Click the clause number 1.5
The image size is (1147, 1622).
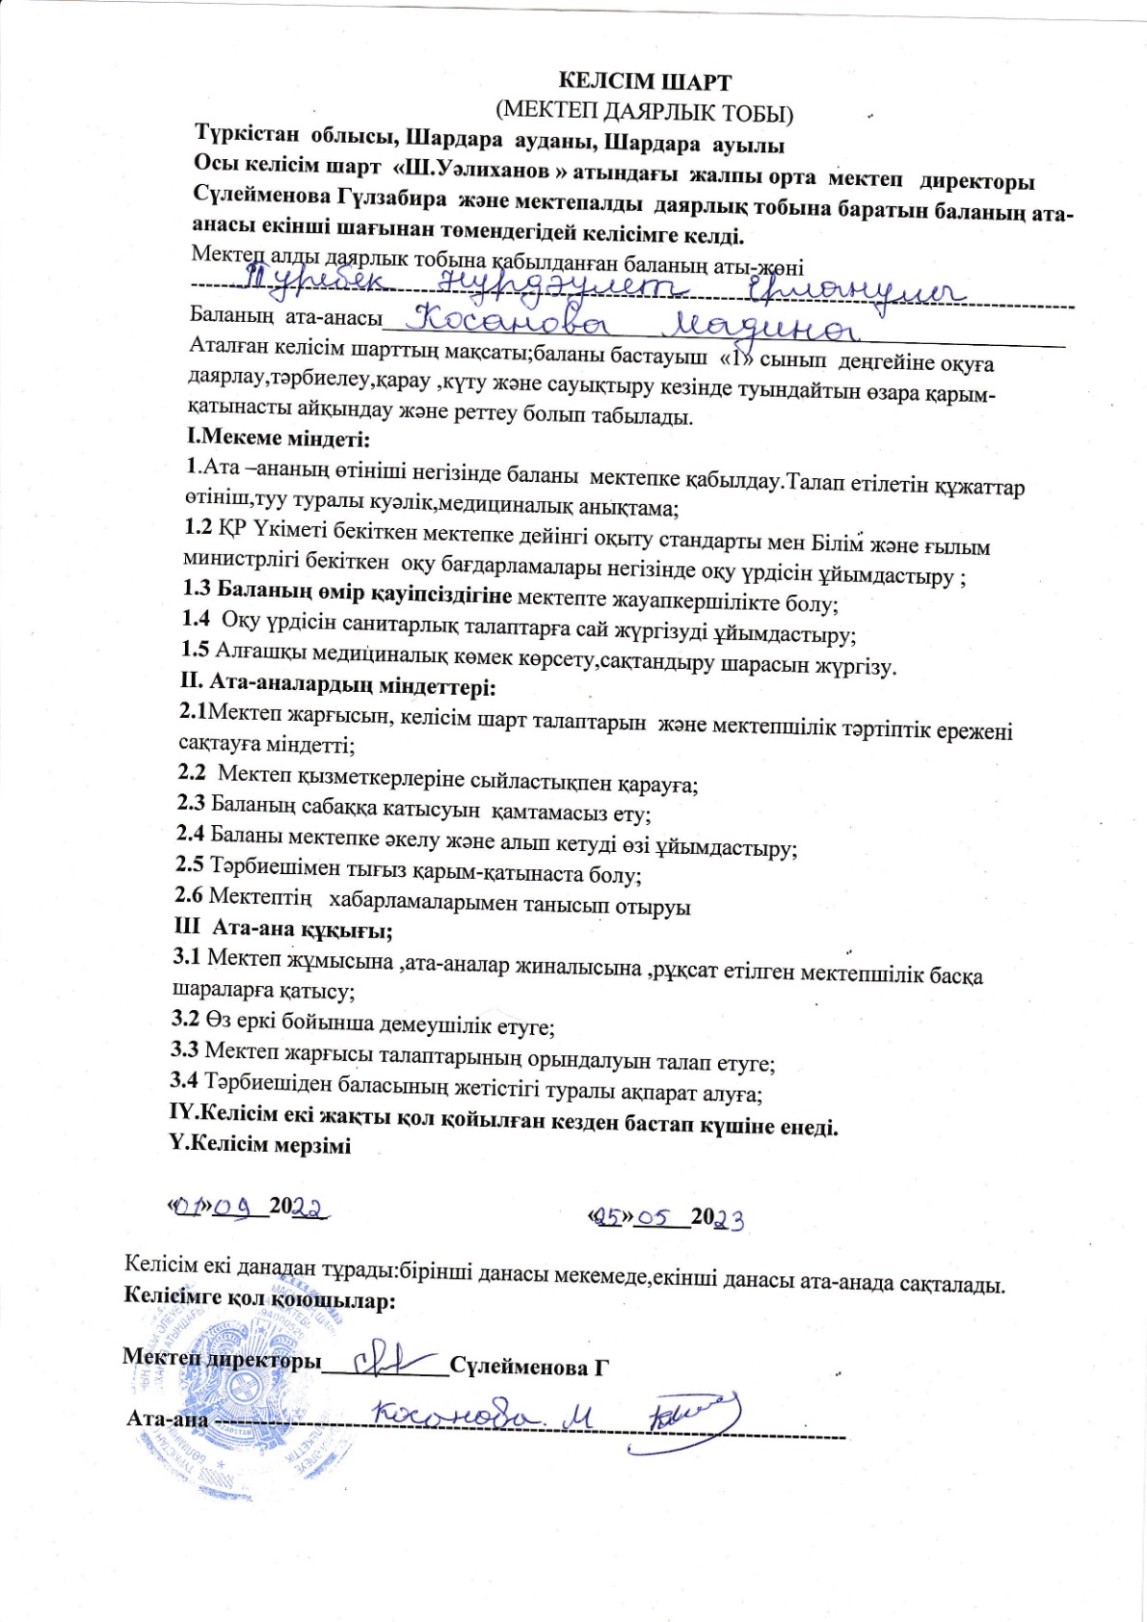[196, 650]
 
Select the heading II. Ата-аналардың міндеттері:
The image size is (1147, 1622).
[338, 687]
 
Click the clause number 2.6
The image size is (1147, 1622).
[189, 895]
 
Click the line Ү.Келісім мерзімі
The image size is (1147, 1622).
[259, 1145]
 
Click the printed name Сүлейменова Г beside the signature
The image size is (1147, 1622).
[531, 1368]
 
